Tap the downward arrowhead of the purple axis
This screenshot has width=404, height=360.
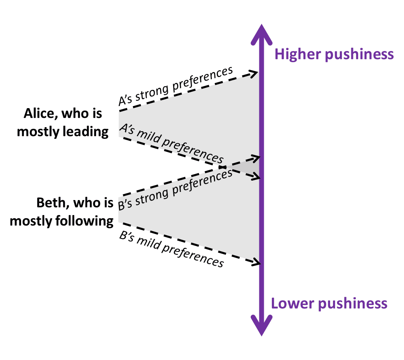(x=261, y=326)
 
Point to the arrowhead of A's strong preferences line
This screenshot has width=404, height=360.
(x=255, y=73)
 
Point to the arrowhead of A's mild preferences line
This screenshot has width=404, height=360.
(x=255, y=176)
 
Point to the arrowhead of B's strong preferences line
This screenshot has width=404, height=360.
(x=255, y=157)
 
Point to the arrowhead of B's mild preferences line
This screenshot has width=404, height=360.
(x=255, y=262)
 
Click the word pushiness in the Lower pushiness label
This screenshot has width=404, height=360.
(x=352, y=303)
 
